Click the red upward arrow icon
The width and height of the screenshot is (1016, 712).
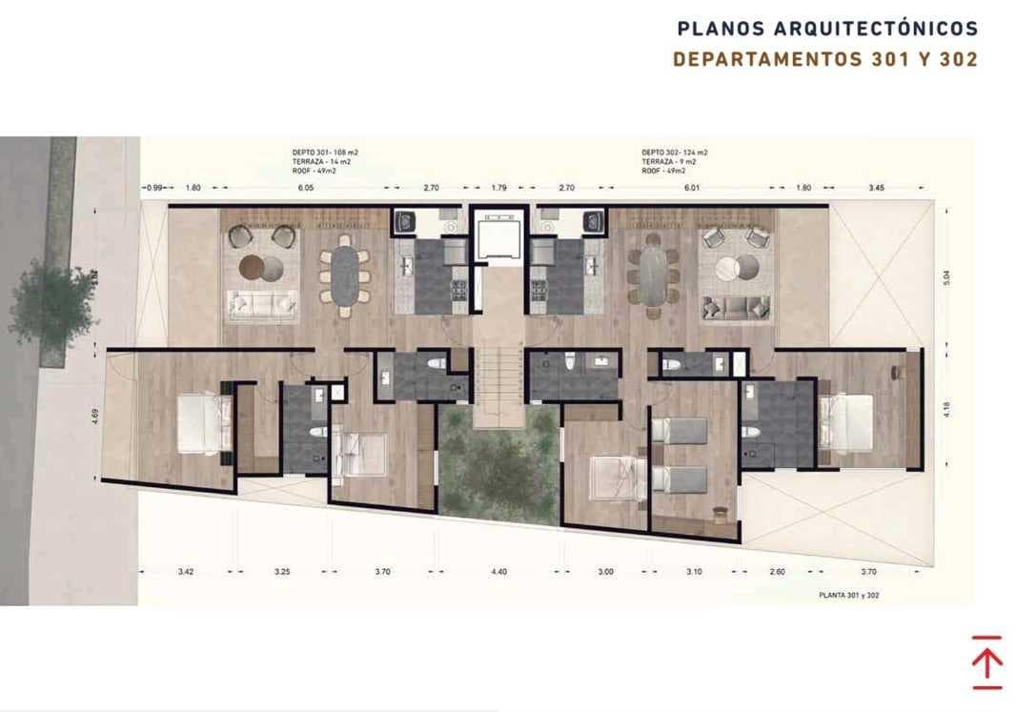point(987,661)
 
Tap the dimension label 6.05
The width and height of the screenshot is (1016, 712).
point(305,189)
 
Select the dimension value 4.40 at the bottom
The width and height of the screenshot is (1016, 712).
point(498,572)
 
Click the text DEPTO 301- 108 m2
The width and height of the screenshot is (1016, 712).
point(325,153)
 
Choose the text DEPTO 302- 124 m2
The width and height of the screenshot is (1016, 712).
point(674,153)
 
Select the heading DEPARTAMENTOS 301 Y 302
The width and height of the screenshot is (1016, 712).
point(825,59)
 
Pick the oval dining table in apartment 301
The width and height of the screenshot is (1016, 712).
point(345,276)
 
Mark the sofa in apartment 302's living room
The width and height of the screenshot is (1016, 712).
point(736,307)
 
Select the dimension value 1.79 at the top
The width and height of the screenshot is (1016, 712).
point(500,189)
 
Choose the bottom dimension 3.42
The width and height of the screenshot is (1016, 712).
point(186,572)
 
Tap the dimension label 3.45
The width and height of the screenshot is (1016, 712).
point(877,189)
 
